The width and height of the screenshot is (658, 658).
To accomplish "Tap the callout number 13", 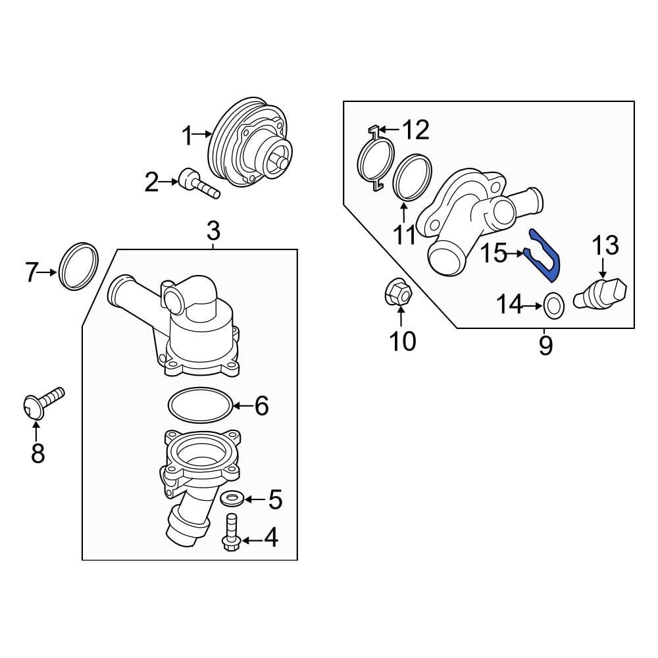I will click(x=605, y=245).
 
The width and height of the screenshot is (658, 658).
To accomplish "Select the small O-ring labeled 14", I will click(x=555, y=304).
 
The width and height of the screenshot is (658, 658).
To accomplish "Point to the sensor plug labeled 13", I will click(x=599, y=293).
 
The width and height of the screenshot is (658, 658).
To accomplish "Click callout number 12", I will click(x=415, y=130).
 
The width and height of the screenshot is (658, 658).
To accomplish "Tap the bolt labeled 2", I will click(x=197, y=184).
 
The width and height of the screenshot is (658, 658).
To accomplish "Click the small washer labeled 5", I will click(x=231, y=498).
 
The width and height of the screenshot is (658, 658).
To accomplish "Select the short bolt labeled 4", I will click(x=230, y=534).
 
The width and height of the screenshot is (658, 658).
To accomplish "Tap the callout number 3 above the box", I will click(x=213, y=231).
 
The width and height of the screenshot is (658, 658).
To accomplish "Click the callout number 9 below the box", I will click(x=545, y=344).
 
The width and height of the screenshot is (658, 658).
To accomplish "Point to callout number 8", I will click(x=38, y=453).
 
